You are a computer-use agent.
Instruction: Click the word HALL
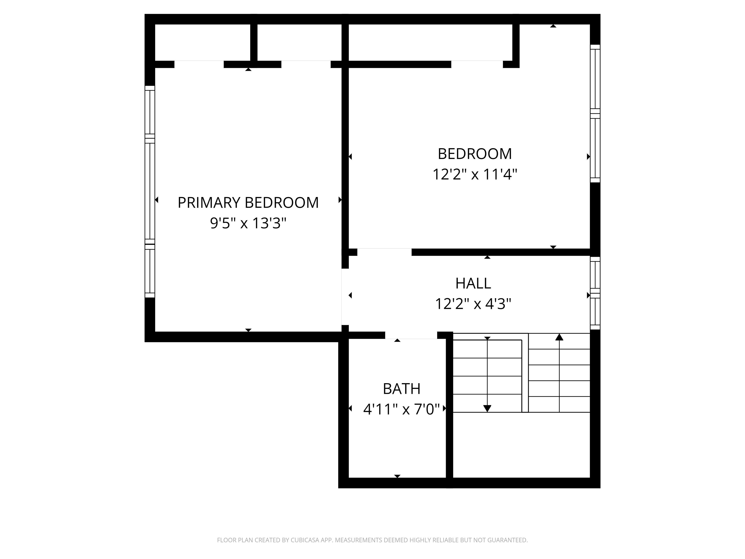point(473,283)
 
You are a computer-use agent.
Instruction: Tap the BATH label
point(401,389)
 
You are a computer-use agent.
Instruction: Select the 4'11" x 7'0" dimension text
point(401,409)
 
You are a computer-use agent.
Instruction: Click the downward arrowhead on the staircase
point(487,408)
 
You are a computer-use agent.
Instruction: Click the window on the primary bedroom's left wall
point(150,191)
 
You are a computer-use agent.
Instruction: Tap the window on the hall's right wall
point(595,293)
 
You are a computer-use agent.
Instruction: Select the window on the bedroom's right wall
point(595,114)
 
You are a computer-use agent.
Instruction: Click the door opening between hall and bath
point(411,335)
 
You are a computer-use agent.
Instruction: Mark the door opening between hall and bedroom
point(384,252)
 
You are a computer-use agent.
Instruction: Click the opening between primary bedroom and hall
point(345,296)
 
